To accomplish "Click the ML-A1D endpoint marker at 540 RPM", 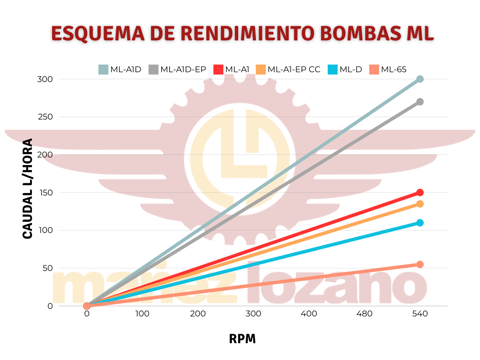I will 420,79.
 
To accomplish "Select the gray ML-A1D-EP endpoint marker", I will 420,102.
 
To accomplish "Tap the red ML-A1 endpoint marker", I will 420,193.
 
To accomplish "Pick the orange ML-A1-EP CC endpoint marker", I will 420,204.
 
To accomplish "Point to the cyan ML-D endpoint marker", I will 420,223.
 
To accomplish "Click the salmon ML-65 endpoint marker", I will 420,264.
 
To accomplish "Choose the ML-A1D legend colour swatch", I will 103,69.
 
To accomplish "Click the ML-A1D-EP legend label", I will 183,69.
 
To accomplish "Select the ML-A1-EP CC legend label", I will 294,69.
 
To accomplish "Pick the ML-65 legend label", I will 394,69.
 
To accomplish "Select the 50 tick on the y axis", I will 47,268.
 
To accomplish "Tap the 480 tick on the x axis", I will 364,314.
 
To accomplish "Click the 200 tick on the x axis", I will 198,314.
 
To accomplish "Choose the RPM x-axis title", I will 242,339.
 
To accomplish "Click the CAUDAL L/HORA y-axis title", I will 28,188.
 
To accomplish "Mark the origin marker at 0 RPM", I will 87,306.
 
